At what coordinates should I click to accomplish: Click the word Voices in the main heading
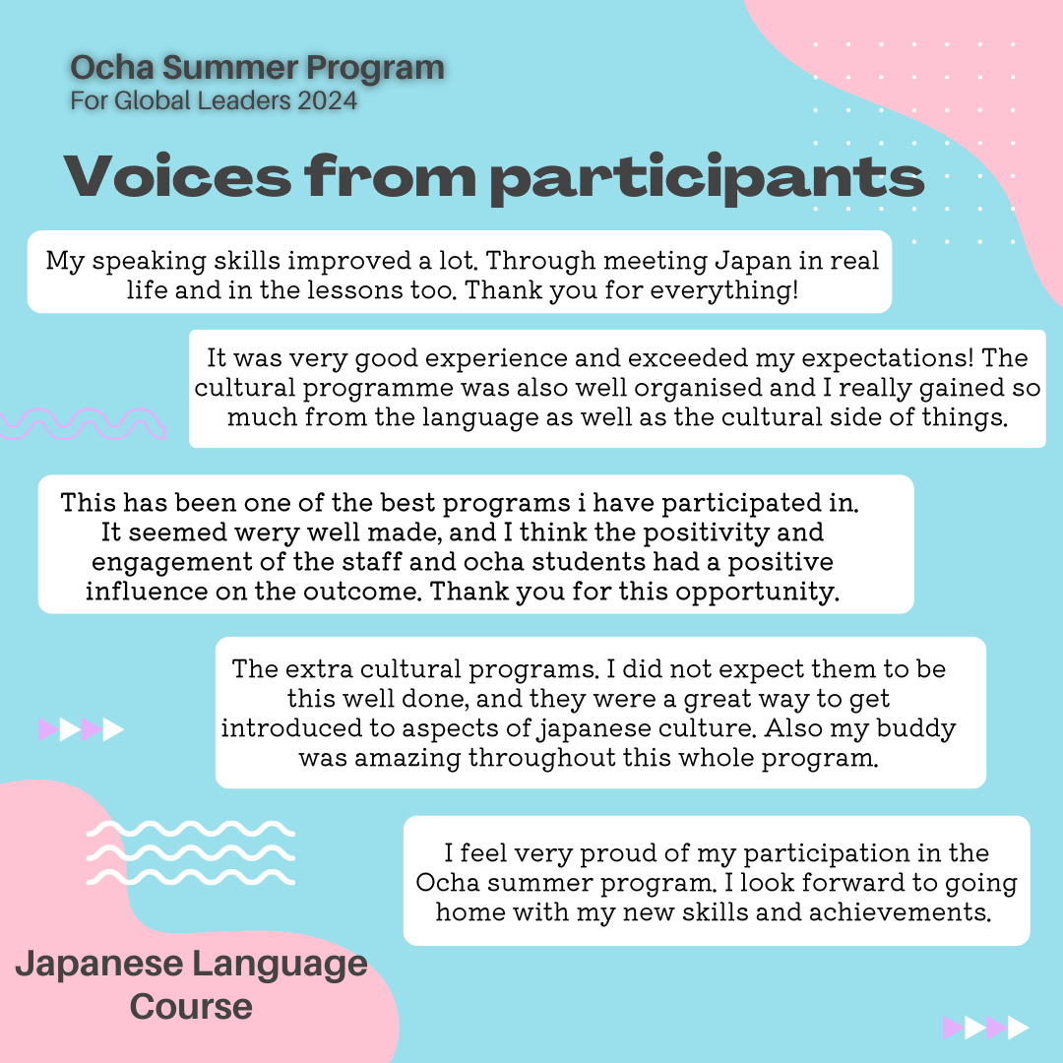pyautogui.click(x=177, y=175)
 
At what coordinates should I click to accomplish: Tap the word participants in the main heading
pyautogui.click(x=707, y=178)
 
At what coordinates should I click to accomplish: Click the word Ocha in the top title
pyautogui.click(x=112, y=68)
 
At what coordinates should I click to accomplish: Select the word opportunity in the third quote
pyautogui.click(x=756, y=592)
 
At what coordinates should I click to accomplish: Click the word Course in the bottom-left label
pyautogui.click(x=191, y=1007)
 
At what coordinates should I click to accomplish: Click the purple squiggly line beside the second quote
pyautogui.click(x=83, y=423)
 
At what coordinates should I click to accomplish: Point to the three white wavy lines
pyautogui.click(x=191, y=852)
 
